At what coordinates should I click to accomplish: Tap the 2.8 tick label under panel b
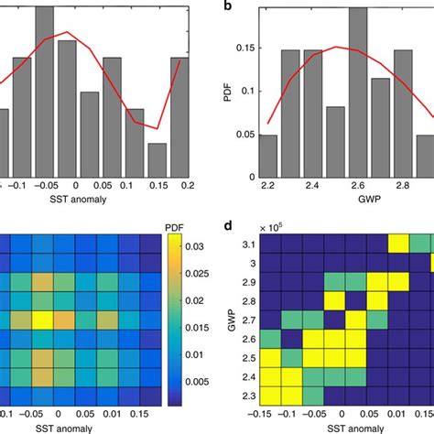pos(403,185)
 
